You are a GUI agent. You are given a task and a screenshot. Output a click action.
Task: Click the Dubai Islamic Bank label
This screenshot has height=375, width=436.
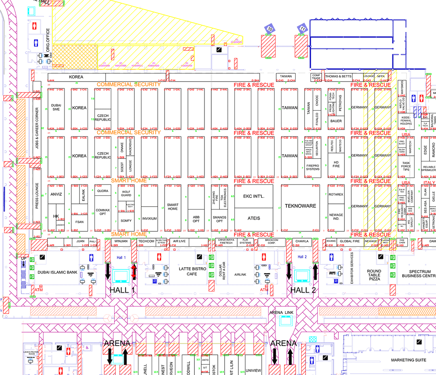[57, 272]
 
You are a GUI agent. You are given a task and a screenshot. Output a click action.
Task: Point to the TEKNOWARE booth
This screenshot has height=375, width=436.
[300, 206]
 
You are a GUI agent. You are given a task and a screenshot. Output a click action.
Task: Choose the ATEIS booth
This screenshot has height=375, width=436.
[253, 218]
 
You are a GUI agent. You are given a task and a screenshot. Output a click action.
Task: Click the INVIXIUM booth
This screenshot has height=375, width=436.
[149, 219]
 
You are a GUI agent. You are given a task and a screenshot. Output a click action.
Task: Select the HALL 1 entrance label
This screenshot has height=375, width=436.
[122, 290]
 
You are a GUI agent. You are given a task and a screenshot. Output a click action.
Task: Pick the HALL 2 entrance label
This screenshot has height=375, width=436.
[303, 290]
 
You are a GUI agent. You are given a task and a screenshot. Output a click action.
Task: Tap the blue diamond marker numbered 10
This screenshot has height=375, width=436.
[270, 29]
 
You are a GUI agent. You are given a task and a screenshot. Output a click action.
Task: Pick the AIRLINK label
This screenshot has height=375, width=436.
[240, 274]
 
